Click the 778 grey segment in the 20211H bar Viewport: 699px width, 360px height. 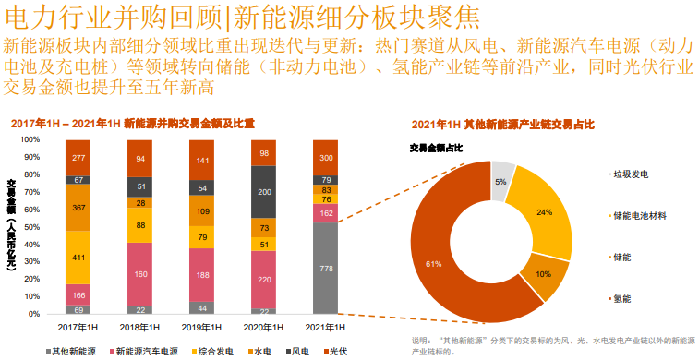[326, 268]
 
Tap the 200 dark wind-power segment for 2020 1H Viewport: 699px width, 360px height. [264, 191]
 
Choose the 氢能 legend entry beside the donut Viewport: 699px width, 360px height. [622, 298]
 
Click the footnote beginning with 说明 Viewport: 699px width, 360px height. [550, 345]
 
